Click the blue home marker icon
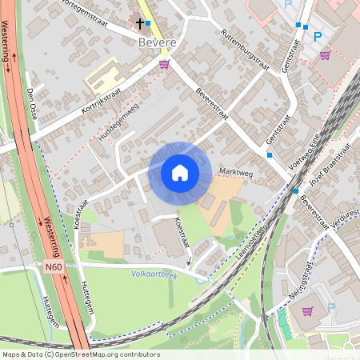(179, 173)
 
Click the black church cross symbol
(140, 24)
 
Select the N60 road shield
(54, 266)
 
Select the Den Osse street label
(33, 103)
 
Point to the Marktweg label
(234, 173)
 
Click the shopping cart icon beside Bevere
(164, 64)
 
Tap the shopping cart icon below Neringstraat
(308, 310)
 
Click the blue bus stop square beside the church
(148, 23)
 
